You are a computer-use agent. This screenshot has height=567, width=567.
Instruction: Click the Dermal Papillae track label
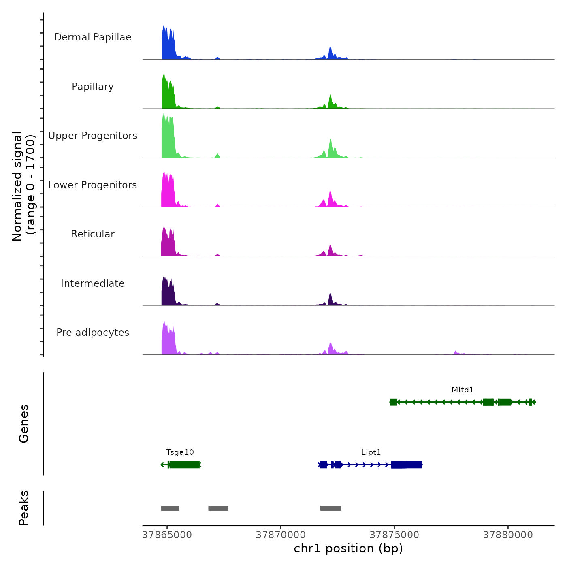click(x=93, y=37)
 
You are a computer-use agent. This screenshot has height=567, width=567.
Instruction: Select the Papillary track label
click(x=93, y=87)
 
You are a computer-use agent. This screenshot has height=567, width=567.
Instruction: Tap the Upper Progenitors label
click(x=93, y=136)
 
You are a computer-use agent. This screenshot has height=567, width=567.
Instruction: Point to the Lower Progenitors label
click(x=93, y=185)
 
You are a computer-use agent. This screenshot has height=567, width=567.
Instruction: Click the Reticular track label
click(x=93, y=234)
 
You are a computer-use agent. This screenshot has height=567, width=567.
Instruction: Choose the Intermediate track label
click(x=93, y=283)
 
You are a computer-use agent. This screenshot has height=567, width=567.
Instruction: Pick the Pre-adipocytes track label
click(x=93, y=333)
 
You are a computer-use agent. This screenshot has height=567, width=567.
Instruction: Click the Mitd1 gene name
click(x=463, y=390)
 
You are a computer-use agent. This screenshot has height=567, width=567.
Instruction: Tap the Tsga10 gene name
click(x=180, y=452)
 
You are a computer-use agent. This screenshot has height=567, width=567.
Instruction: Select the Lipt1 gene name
click(x=371, y=452)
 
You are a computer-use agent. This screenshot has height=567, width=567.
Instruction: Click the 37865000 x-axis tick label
click(x=167, y=535)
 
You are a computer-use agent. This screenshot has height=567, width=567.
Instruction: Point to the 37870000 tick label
click(x=281, y=535)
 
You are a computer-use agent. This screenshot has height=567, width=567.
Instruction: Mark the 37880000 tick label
click(x=508, y=535)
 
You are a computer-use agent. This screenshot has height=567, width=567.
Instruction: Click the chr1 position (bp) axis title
click(x=348, y=548)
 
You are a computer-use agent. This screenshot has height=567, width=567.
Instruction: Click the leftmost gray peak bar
click(x=170, y=508)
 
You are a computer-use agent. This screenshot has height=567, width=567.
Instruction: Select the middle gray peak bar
click(x=218, y=508)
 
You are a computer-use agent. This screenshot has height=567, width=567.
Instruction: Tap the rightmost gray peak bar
click(x=331, y=508)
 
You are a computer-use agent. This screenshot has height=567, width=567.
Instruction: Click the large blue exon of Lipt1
click(x=407, y=465)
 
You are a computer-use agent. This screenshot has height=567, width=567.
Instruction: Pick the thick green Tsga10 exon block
click(x=184, y=465)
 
